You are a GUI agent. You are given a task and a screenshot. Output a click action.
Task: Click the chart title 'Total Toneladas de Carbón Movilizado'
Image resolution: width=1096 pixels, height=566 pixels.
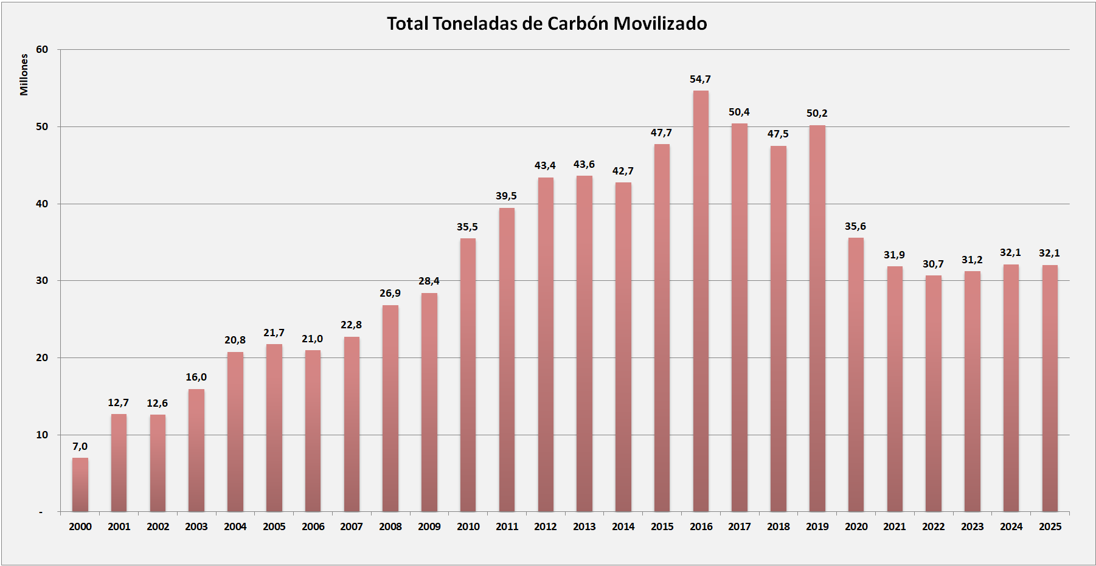click(x=547, y=24)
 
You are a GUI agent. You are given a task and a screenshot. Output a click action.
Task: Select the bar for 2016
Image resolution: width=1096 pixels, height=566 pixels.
click(x=701, y=301)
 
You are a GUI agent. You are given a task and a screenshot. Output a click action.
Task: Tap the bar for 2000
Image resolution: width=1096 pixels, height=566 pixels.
click(x=80, y=485)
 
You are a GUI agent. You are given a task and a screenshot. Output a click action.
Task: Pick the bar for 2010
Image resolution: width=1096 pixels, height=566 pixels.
click(x=468, y=374)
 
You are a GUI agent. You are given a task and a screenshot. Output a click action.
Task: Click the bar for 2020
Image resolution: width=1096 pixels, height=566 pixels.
click(x=856, y=374)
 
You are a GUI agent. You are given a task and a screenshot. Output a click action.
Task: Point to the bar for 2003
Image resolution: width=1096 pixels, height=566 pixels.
click(x=196, y=450)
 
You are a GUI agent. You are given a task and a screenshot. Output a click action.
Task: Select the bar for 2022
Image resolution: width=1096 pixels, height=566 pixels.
click(x=933, y=393)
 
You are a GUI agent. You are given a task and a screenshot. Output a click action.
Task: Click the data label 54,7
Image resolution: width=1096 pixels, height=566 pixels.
click(x=700, y=79)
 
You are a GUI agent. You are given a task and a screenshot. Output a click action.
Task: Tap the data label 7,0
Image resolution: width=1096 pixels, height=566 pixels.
click(x=80, y=446)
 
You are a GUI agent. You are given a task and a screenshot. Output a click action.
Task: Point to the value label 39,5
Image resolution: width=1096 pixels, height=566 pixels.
click(x=506, y=196)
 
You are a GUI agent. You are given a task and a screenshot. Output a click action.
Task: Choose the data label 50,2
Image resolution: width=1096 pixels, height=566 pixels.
click(x=817, y=113)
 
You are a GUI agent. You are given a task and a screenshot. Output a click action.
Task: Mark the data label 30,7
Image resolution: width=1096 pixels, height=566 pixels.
click(x=933, y=264)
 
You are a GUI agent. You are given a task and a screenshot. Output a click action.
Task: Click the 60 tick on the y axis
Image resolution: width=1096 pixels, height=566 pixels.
click(x=42, y=49)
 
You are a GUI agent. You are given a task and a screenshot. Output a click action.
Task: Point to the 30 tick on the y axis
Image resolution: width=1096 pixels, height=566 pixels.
click(x=42, y=280)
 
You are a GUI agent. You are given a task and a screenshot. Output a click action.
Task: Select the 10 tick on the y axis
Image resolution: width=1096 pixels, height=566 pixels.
click(x=42, y=435)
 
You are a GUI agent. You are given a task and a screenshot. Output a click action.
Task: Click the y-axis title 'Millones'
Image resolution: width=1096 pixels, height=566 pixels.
click(x=24, y=74)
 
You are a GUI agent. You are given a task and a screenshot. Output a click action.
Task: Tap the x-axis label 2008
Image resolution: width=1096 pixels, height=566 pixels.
click(x=390, y=526)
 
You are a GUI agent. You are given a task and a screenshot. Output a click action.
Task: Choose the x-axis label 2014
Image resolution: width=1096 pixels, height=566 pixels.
click(x=623, y=526)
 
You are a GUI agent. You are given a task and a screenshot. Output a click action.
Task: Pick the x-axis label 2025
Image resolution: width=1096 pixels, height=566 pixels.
click(x=1050, y=526)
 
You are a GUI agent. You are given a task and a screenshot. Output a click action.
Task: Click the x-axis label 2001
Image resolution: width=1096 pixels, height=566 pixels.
click(x=119, y=526)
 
